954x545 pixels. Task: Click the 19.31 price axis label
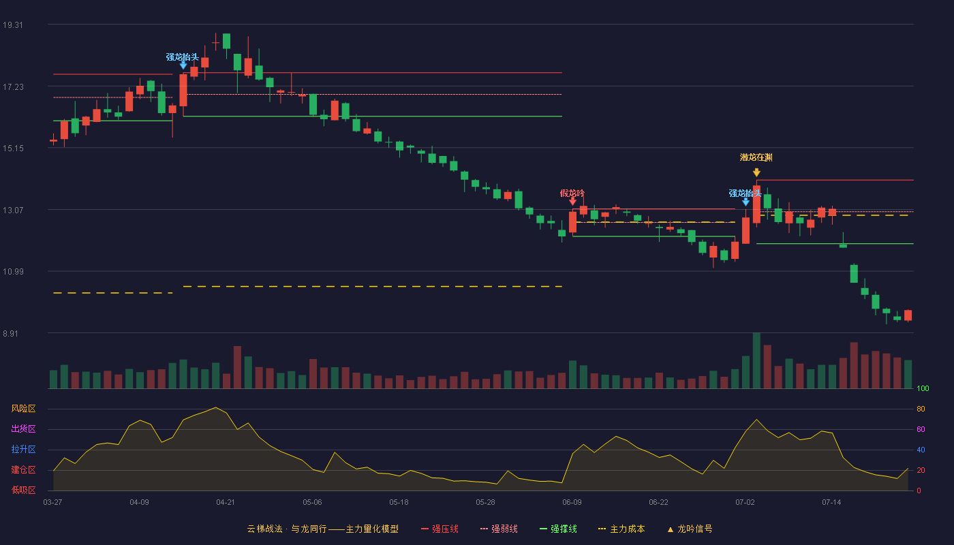coord(13,25)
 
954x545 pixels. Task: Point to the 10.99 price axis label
coord(13,272)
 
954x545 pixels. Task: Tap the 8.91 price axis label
coord(11,333)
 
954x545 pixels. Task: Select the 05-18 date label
coord(399,503)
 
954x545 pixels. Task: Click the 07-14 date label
coord(831,503)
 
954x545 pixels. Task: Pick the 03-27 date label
coord(53,503)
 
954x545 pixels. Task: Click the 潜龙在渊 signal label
coord(756,157)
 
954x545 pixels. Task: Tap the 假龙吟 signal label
coord(572,193)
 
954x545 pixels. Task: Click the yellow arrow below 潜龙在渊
coord(756,172)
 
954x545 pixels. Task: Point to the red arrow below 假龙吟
coord(573,202)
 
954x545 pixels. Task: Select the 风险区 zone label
coord(23,409)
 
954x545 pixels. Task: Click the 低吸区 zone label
coord(23,490)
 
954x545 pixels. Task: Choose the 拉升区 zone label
coord(23,450)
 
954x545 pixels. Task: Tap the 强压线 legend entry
coord(440,529)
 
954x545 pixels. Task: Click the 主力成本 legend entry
coord(621,529)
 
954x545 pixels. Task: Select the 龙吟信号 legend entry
coord(690,529)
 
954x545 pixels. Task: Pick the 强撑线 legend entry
coord(558,529)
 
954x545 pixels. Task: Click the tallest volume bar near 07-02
coord(756,360)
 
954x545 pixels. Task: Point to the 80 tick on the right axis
coord(921,409)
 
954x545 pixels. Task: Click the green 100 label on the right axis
coord(923,388)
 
